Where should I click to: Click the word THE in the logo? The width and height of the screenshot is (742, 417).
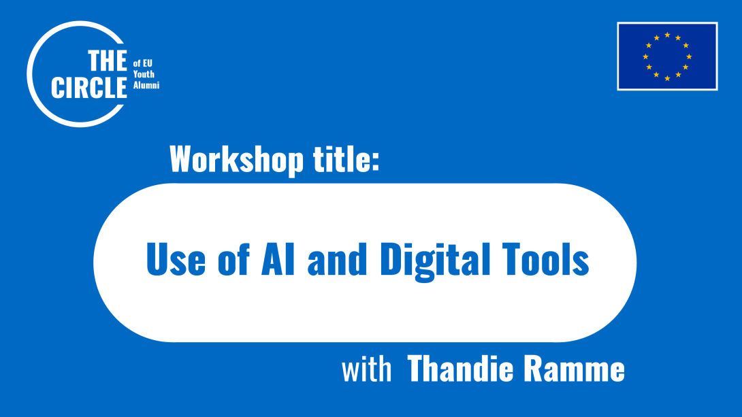click(x=107, y=62)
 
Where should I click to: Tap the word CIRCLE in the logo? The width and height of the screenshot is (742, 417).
click(x=89, y=88)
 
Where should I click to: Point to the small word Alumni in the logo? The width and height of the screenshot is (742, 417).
click(x=146, y=86)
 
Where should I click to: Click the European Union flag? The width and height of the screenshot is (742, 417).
click(x=667, y=56)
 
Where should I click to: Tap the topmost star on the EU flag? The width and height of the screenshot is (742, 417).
click(x=667, y=35)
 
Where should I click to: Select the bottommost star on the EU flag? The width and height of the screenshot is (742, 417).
click(x=667, y=78)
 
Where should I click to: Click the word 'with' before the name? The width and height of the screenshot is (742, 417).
click(x=367, y=371)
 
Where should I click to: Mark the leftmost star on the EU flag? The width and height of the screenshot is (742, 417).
click(x=645, y=56)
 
